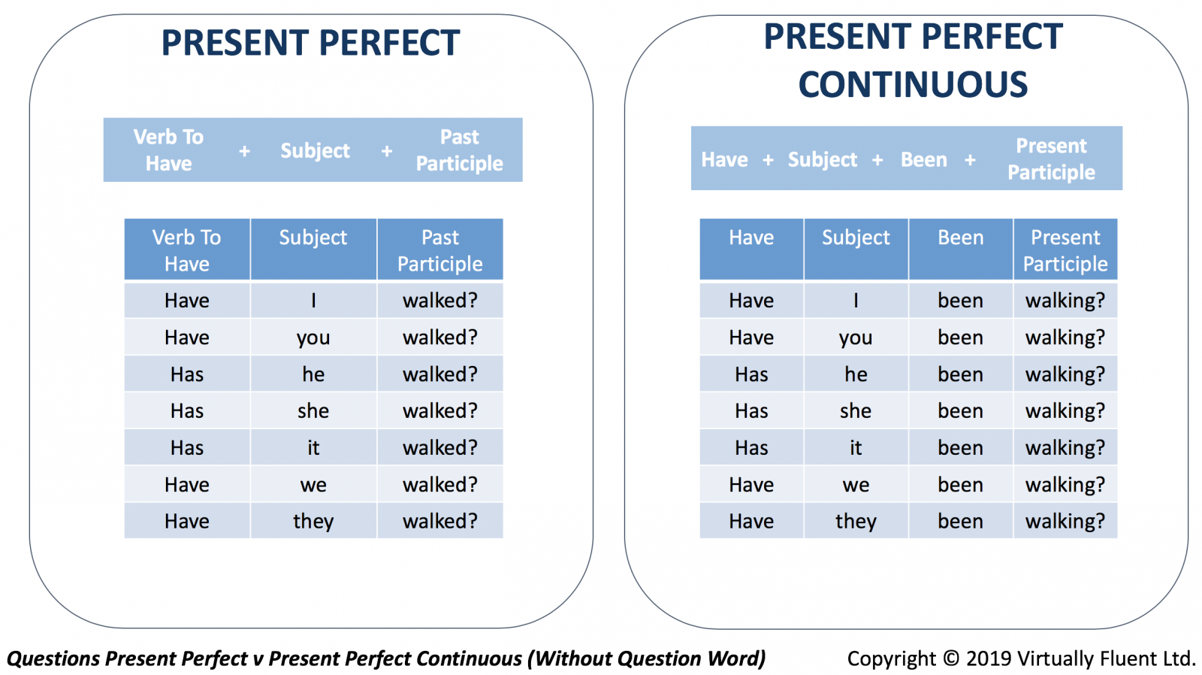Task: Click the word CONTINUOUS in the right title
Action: click(913, 85)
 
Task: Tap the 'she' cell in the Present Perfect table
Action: click(313, 411)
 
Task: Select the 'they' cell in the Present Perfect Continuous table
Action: click(856, 522)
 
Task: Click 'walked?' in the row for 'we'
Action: click(440, 484)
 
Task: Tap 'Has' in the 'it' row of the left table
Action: click(187, 448)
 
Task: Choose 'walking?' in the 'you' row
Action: click(1065, 337)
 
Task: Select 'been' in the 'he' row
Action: click(961, 374)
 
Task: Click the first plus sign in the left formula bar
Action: click(244, 151)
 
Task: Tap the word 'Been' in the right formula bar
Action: click(924, 159)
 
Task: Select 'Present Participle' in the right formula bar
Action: click(1051, 159)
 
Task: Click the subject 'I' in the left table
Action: click(313, 301)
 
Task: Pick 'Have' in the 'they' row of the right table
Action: click(751, 522)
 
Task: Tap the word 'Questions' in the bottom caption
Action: click(53, 659)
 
